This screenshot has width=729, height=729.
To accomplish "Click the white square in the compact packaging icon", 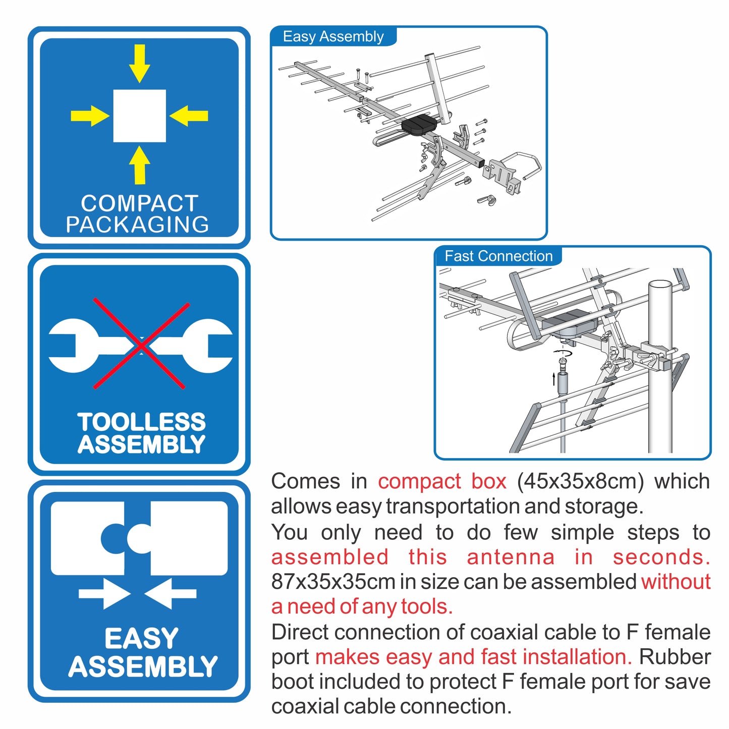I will click(139, 116).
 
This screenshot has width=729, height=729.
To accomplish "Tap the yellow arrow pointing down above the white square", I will click(139, 63).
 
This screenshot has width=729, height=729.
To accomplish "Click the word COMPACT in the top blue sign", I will click(139, 203).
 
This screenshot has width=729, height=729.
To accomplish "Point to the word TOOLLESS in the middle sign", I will click(141, 422).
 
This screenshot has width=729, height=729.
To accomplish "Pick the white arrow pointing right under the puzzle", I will click(105, 594).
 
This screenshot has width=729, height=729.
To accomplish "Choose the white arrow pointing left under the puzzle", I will click(171, 594).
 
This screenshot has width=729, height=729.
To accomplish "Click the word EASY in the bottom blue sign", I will click(141, 639).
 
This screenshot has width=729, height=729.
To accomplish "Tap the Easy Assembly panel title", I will click(333, 37).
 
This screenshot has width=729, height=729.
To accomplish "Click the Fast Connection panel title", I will click(498, 256).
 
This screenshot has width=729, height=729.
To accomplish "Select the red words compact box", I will click(442, 481).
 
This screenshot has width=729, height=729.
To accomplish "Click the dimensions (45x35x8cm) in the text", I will click(580, 481).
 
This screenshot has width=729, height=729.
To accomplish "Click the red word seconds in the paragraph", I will click(661, 557).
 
